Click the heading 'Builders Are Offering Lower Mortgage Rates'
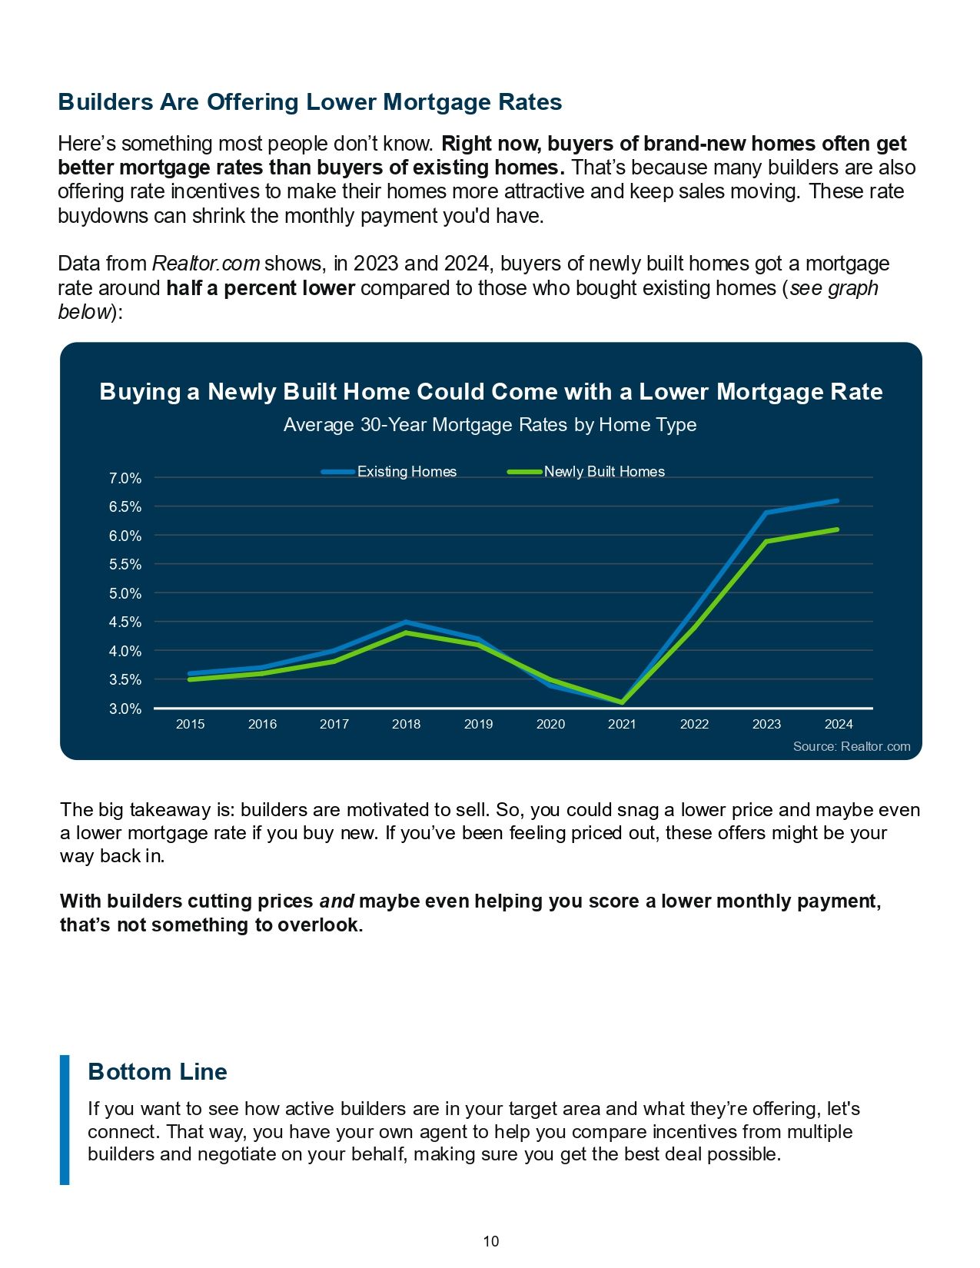pos(310,102)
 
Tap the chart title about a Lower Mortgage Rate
pos(490,392)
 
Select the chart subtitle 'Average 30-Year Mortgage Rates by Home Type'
pos(490,425)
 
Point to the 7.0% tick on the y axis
pos(125,478)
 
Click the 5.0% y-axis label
pos(125,593)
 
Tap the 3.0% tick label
pos(125,709)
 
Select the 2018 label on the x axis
pos(406,724)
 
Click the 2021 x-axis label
pos(622,724)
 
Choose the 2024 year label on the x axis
pos(838,724)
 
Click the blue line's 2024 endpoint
pos(836,501)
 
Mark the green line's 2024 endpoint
pos(836,529)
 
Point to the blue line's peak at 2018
pos(406,622)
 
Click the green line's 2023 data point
pos(766,541)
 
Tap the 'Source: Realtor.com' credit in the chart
pos(851,746)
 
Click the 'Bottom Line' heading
pos(158,1071)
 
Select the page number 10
pos(490,1241)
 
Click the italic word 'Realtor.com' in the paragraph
pos(206,264)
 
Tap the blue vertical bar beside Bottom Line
pos(65,1120)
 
